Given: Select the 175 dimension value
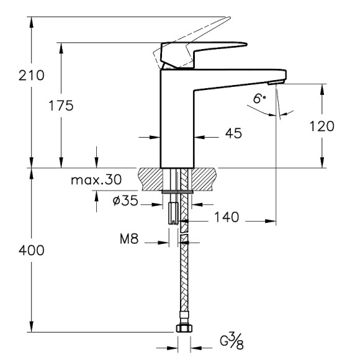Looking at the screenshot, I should [x=61, y=106].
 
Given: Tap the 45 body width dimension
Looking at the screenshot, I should [x=233, y=133].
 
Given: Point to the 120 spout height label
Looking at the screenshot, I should [x=322, y=127].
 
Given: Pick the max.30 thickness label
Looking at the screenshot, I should [x=96, y=181].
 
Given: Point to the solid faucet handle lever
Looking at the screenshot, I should [x=205, y=50].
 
